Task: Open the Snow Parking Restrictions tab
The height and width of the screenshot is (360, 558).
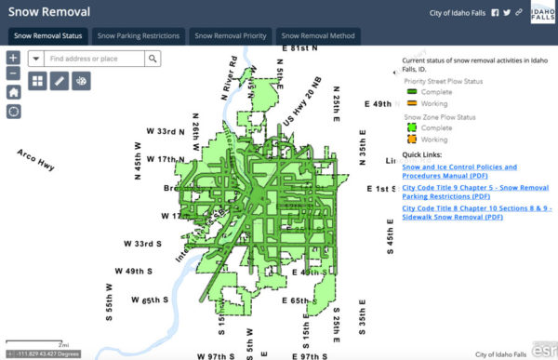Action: (x=139, y=35)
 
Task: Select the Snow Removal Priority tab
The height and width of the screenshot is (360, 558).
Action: (x=230, y=35)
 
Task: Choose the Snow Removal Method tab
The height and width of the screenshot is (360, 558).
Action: (x=317, y=35)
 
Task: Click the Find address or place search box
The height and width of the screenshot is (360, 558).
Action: (x=94, y=59)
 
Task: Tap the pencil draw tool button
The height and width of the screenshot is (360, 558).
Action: (x=60, y=81)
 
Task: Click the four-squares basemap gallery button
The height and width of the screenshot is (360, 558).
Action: (x=37, y=81)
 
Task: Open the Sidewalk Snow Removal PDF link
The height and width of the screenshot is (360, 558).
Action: (x=477, y=214)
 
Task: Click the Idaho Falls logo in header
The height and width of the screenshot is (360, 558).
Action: (x=542, y=14)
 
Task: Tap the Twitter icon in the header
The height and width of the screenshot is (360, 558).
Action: (x=506, y=13)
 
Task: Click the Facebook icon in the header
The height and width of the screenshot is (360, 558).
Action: (x=495, y=13)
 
